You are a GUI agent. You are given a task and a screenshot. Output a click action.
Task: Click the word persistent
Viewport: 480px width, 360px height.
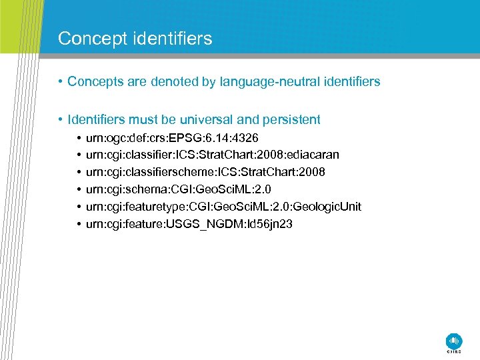click(291, 120)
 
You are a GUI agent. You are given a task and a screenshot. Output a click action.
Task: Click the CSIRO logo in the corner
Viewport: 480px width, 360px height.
click(453, 341)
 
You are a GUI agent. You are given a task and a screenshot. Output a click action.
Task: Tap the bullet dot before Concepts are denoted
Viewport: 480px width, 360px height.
click(61, 82)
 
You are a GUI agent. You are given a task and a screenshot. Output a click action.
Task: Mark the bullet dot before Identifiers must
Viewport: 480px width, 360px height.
click(61, 120)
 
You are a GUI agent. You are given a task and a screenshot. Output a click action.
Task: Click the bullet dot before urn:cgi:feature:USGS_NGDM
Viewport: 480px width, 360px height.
click(79, 224)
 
